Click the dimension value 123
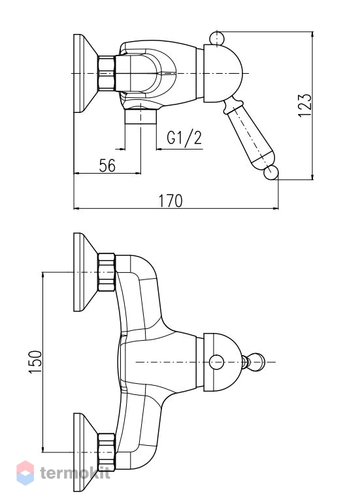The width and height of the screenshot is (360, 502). (x=304, y=106)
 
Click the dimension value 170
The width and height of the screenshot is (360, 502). (x=171, y=201)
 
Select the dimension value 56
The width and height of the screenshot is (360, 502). (x=107, y=166)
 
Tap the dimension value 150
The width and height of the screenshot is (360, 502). (x=35, y=362)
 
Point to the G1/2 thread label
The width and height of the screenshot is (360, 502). (x=184, y=138)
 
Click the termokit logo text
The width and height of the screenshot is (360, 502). (x=75, y=473)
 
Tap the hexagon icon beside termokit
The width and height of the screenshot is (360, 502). (x=25, y=473)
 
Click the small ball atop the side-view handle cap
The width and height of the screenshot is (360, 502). (x=217, y=39)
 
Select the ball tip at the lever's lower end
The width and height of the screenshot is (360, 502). (x=271, y=173)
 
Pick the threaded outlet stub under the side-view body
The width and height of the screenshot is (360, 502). (x=140, y=117)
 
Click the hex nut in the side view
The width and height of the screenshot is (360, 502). (x=106, y=73)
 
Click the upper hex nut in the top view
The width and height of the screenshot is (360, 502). (x=106, y=272)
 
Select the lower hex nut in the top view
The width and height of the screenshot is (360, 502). (x=106, y=452)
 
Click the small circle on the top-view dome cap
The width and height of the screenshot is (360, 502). (x=216, y=362)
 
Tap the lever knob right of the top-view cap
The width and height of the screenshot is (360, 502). (x=255, y=362)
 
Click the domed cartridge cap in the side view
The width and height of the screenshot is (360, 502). (x=223, y=74)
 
